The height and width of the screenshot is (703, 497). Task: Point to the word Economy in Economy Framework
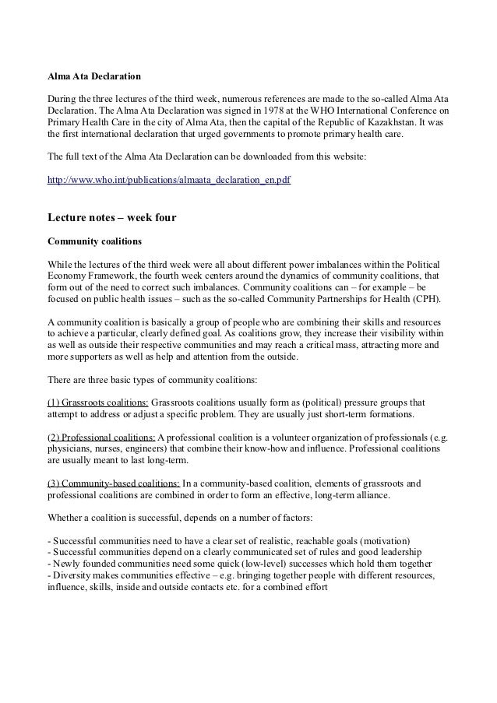click(x=68, y=275)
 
